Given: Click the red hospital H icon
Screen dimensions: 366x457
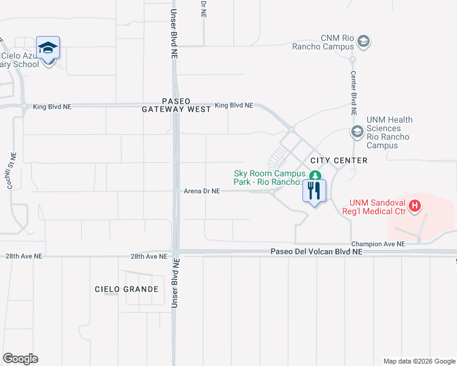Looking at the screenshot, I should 415,206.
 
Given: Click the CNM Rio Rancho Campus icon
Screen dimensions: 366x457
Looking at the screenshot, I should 364,41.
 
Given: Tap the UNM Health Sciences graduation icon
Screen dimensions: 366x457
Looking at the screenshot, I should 357,131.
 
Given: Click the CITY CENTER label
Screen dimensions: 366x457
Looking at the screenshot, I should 338,160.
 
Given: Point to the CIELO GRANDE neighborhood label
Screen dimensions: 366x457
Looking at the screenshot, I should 126,289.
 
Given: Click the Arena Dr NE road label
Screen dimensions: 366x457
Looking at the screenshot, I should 202,191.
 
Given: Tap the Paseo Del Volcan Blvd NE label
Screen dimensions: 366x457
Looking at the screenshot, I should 316,251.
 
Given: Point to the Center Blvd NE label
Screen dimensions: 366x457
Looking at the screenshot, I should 353,92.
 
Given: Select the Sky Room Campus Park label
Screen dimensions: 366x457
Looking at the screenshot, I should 269,178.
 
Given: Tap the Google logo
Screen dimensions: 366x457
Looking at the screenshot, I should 20,359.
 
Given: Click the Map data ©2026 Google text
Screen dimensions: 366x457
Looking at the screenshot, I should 419,361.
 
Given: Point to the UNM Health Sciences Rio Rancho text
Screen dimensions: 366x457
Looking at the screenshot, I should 390,133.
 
